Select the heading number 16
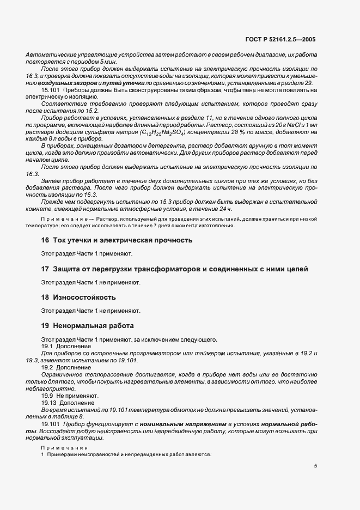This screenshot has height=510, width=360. coord(45,240)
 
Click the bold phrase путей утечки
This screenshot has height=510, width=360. coord(124,83)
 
